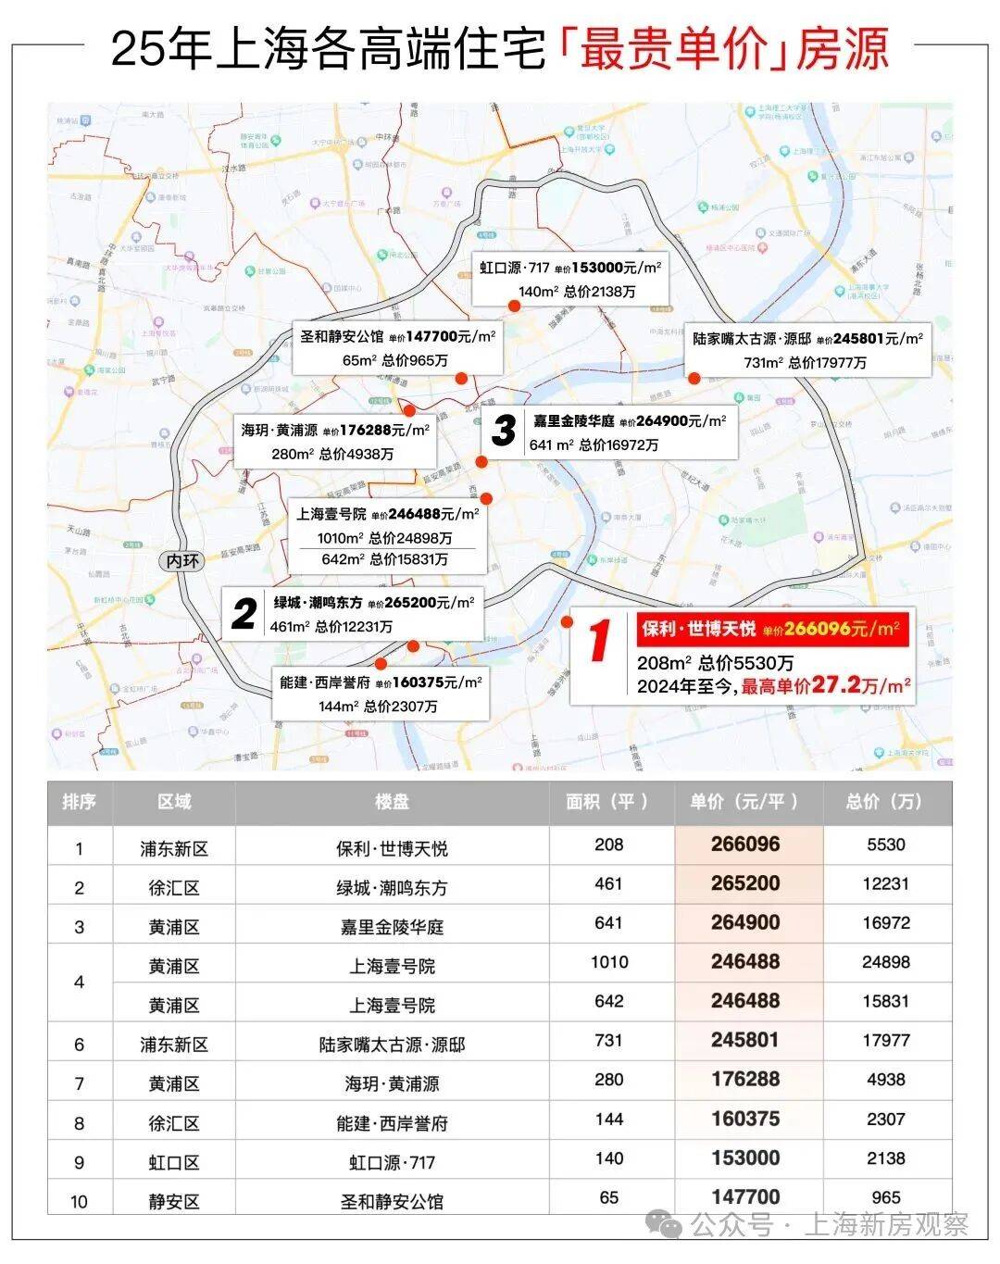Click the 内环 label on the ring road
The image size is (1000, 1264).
(x=182, y=561)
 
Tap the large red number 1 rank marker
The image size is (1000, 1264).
(x=600, y=642)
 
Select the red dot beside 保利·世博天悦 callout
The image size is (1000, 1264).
(x=567, y=622)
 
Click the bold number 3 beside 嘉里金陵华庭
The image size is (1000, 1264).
(x=504, y=431)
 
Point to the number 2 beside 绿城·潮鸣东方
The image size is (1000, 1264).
(x=244, y=614)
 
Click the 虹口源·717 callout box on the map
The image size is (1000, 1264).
(x=570, y=279)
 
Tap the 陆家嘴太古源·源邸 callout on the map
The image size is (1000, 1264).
(x=807, y=350)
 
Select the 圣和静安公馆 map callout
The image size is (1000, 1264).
(x=395, y=348)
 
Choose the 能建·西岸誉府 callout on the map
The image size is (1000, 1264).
(x=380, y=694)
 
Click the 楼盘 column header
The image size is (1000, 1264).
(x=392, y=802)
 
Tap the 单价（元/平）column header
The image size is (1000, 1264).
(x=745, y=802)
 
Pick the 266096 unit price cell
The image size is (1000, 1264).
(x=745, y=845)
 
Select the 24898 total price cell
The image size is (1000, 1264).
(x=885, y=962)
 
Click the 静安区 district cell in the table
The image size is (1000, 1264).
(x=173, y=1201)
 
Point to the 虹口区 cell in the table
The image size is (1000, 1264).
(x=173, y=1162)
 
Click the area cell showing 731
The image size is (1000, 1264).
(x=608, y=1041)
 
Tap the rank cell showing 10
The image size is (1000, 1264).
(x=79, y=1201)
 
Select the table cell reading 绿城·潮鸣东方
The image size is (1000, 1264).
(x=392, y=887)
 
